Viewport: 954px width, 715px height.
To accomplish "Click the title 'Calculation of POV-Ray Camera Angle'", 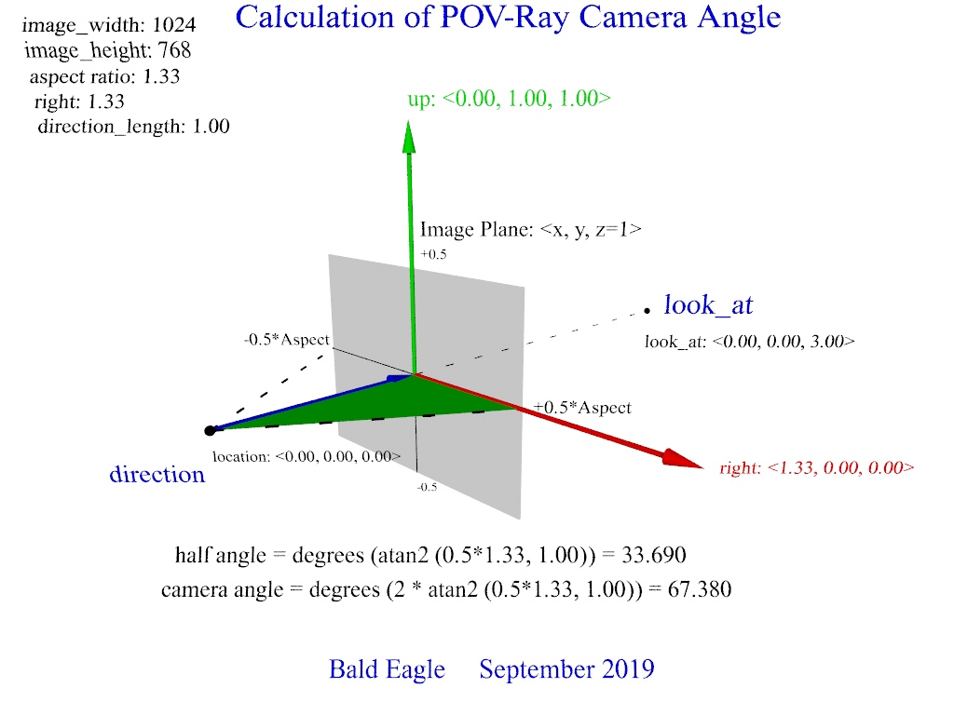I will pos(508,17).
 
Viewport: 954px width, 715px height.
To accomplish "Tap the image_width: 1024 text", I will pos(109,25).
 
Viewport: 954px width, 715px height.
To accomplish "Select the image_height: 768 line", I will pos(108,51).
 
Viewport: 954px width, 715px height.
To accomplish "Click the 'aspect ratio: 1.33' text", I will pos(104,76).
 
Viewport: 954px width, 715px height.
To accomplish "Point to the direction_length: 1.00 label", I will pos(133,127).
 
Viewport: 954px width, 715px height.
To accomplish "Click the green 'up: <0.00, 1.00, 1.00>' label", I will pos(509,99).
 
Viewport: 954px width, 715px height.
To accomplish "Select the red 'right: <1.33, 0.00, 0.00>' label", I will pos(816,468).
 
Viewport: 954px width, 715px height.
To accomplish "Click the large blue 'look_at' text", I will pos(708,304).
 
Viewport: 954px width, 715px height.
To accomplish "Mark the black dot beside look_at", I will pos(646,309).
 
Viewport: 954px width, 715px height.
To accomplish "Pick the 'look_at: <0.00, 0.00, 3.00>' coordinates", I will pos(749,342).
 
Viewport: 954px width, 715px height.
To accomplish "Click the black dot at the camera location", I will pos(211,430).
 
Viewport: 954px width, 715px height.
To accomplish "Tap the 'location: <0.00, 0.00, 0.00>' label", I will pos(307,456).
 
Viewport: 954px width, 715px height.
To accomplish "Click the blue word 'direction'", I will pos(157,474).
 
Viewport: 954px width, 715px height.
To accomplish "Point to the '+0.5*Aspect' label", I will pos(582,408).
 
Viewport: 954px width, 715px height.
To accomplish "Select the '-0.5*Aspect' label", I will pos(287,340).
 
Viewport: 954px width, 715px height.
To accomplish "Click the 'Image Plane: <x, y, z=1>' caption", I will pos(530,230).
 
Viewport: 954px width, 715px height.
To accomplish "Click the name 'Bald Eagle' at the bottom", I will pos(387,669).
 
